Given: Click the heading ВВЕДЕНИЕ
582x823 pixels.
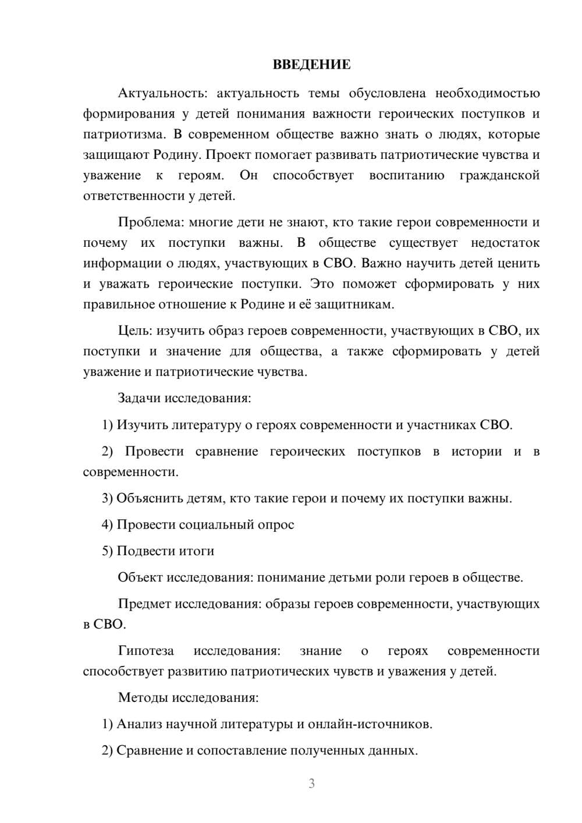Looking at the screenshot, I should coord(311,65).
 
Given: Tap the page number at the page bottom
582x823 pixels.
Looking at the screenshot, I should coord(311,783).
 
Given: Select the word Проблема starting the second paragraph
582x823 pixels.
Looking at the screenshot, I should coord(145,222).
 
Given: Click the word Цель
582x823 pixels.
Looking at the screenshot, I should coord(134,331).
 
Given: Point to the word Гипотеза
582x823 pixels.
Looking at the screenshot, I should coord(145,651).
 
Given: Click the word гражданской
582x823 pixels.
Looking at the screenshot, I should coord(499,175).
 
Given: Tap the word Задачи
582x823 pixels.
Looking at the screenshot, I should coord(139,398).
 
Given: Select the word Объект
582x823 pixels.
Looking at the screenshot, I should coord(140,577).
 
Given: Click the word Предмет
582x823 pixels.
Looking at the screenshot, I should coord(144,604).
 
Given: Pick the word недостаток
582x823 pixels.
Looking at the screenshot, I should coord(505,243).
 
